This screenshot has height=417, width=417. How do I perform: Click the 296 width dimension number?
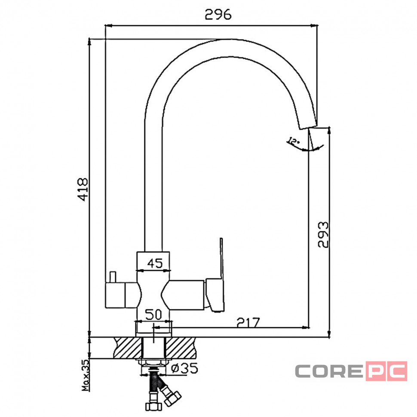coord(218,15)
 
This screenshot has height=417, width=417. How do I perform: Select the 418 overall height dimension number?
coord(83,189)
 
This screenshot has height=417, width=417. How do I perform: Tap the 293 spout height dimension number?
coord(323,235)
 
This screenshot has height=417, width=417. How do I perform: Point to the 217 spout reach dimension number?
coord(248,322)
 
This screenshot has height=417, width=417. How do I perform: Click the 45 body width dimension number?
coord(155,263)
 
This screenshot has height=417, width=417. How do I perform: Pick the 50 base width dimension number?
coord(153,315)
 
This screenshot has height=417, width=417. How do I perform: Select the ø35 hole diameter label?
coord(184,368)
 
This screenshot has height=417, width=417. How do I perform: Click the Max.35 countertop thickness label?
coord(86,375)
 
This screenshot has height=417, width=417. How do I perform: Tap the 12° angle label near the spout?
coord(293,141)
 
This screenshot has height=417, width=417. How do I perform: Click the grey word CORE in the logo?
coord(329,371)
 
